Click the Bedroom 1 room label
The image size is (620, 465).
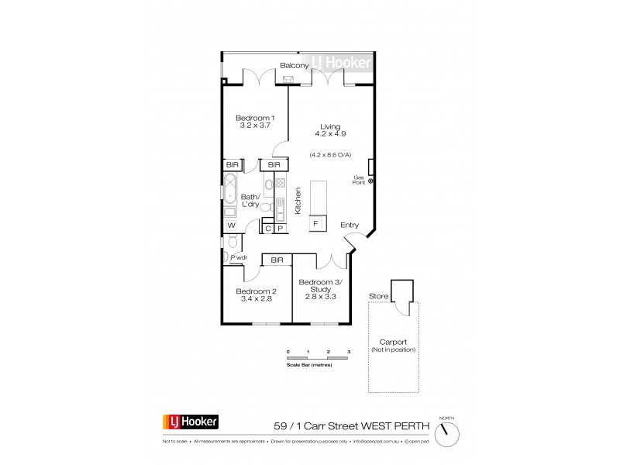[x=255, y=117]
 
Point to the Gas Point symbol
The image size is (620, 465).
[x=371, y=181]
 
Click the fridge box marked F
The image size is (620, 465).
[x=316, y=223]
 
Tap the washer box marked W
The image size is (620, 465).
[x=231, y=225]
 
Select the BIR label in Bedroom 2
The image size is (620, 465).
[x=277, y=260]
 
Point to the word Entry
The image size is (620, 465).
[x=350, y=226]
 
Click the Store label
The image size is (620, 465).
[x=379, y=294]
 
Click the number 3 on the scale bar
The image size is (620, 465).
[x=349, y=351]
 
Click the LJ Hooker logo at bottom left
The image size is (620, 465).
[x=191, y=422]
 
